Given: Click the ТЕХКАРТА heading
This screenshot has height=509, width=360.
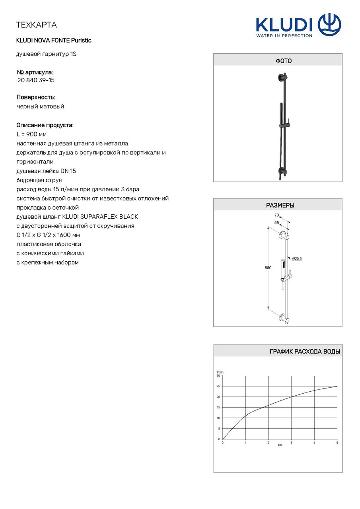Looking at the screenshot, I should click(x=36, y=25).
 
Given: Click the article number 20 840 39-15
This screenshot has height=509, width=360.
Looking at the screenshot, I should click(x=36, y=80).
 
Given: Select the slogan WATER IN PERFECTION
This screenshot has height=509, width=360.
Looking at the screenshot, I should click(x=284, y=35).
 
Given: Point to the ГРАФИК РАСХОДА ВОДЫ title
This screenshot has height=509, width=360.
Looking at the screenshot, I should click(x=304, y=352).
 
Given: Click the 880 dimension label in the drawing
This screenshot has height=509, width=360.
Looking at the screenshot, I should click(x=268, y=268).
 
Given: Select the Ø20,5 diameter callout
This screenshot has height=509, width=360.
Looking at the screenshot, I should click(x=297, y=258).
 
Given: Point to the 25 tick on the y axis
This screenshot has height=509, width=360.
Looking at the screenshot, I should click(x=218, y=386).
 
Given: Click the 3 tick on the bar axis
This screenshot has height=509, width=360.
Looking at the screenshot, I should click(x=291, y=443).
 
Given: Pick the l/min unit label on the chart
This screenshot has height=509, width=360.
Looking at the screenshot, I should click(x=220, y=372).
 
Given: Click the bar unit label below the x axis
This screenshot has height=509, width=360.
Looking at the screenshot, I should click(x=280, y=445).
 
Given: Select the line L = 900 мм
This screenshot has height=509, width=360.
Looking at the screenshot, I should click(x=32, y=134).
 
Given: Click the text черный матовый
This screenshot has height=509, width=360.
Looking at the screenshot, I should click(x=40, y=107).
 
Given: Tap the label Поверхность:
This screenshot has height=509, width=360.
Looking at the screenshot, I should click(x=36, y=97).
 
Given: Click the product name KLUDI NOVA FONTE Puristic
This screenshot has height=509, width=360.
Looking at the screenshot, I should click(x=54, y=41).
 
